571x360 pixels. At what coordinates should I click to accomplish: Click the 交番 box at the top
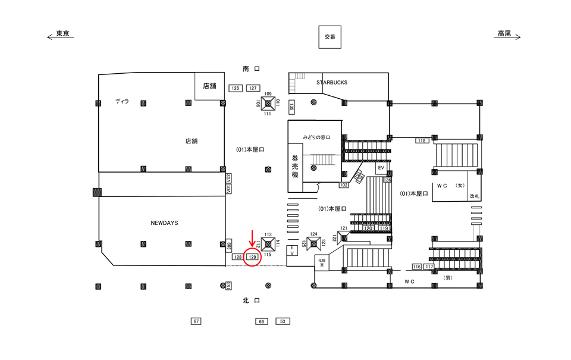[x=330, y=36]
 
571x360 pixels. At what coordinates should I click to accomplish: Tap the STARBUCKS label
[x=331, y=83]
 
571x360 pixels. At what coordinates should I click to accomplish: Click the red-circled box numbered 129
[x=252, y=257]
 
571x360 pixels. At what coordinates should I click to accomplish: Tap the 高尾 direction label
[x=504, y=34]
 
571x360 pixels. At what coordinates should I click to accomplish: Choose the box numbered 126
[x=236, y=88]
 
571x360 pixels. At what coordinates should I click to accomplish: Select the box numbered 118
[x=422, y=140]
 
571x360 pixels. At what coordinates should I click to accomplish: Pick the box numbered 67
[x=196, y=321]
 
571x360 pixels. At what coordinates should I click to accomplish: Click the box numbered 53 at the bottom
[x=283, y=321]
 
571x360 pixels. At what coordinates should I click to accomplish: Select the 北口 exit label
[x=251, y=301]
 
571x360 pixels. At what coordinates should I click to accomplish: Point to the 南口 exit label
[x=251, y=69]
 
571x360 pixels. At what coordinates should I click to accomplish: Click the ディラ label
[x=123, y=102]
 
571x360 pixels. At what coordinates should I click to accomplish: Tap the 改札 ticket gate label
[x=474, y=196]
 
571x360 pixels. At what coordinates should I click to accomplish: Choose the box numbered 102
[x=343, y=185]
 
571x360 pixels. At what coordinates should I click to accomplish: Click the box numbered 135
[x=292, y=107]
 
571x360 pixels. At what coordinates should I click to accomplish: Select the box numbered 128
[x=237, y=257]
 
